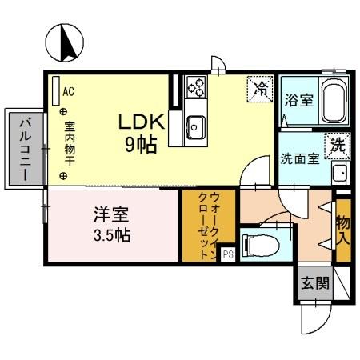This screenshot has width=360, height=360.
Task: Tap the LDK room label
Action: pyautogui.click(x=142, y=122)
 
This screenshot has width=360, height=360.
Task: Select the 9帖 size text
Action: pyautogui.click(x=142, y=145)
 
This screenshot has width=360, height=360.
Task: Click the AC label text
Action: pyautogui.click(x=68, y=91)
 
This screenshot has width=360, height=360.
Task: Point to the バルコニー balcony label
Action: pyautogui.click(x=24, y=150)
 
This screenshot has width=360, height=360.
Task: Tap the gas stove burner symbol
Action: pyautogui.click(x=197, y=86)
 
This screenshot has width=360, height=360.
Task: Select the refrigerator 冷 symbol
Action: pyautogui.click(x=259, y=89)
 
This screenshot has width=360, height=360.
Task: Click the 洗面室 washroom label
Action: pyautogui.click(x=299, y=158)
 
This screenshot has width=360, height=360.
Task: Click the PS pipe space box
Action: pyautogui.click(x=226, y=254)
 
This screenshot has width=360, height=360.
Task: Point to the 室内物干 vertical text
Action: pyautogui.click(x=70, y=138)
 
